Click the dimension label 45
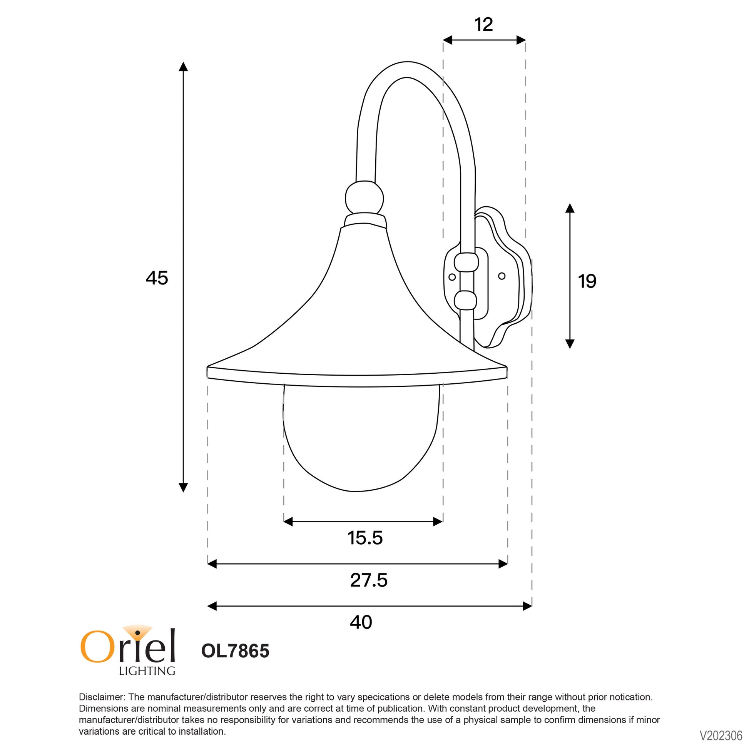coord(157,278)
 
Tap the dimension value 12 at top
coord(484,25)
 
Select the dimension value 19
coord(587,281)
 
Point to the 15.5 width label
coord(365,538)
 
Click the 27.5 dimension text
coord(369,580)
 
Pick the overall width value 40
coord(361,622)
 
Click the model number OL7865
coord(235,651)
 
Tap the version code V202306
coord(721,736)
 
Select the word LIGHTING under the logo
coord(147,671)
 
